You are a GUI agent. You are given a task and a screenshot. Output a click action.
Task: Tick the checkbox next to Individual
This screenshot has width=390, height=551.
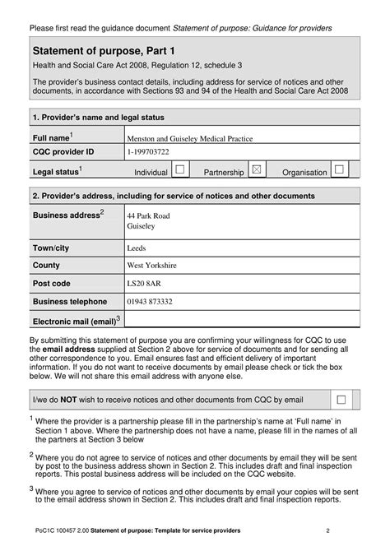180,169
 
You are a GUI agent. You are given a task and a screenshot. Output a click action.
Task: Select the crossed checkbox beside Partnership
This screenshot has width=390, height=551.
257,169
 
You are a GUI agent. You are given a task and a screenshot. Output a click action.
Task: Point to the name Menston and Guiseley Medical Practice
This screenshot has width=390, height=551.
189,138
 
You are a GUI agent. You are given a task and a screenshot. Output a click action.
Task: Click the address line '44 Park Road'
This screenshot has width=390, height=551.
149,215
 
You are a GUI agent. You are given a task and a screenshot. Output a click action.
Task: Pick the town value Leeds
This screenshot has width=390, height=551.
137,248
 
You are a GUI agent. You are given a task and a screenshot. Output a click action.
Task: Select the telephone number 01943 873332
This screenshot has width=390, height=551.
150,302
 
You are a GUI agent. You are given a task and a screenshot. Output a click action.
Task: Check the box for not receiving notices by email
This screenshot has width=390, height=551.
341,399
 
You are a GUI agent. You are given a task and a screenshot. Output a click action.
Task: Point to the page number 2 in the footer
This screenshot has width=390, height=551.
327,530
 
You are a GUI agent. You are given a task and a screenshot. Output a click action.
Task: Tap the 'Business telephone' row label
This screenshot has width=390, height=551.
70,302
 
